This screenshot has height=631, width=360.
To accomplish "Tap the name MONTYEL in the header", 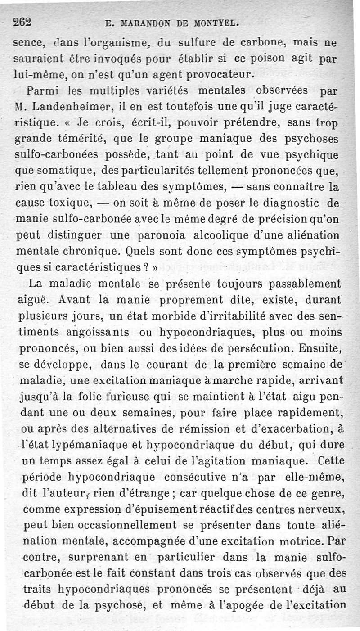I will tap(209, 23).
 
